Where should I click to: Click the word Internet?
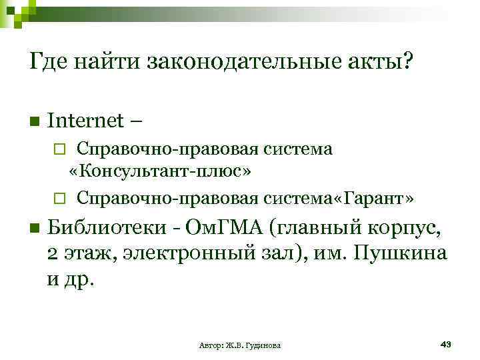(x=85, y=121)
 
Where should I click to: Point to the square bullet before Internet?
(x=35, y=122)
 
